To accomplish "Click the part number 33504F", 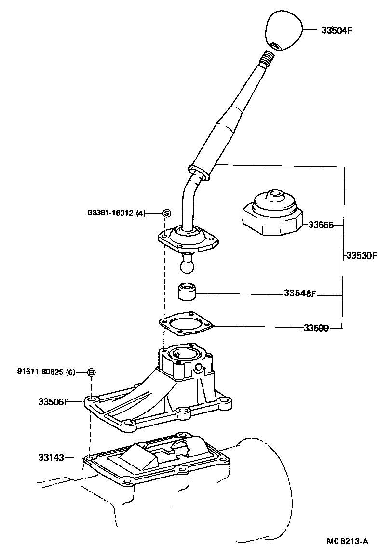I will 337,30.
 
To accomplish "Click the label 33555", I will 321,225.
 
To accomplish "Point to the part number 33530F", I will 361,256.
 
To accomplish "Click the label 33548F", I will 299,293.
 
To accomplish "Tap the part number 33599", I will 316,328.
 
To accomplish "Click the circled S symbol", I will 166,213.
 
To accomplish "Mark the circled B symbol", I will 91,372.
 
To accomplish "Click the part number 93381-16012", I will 110,213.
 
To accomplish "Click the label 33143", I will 51,457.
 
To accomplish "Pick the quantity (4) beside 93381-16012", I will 141,213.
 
